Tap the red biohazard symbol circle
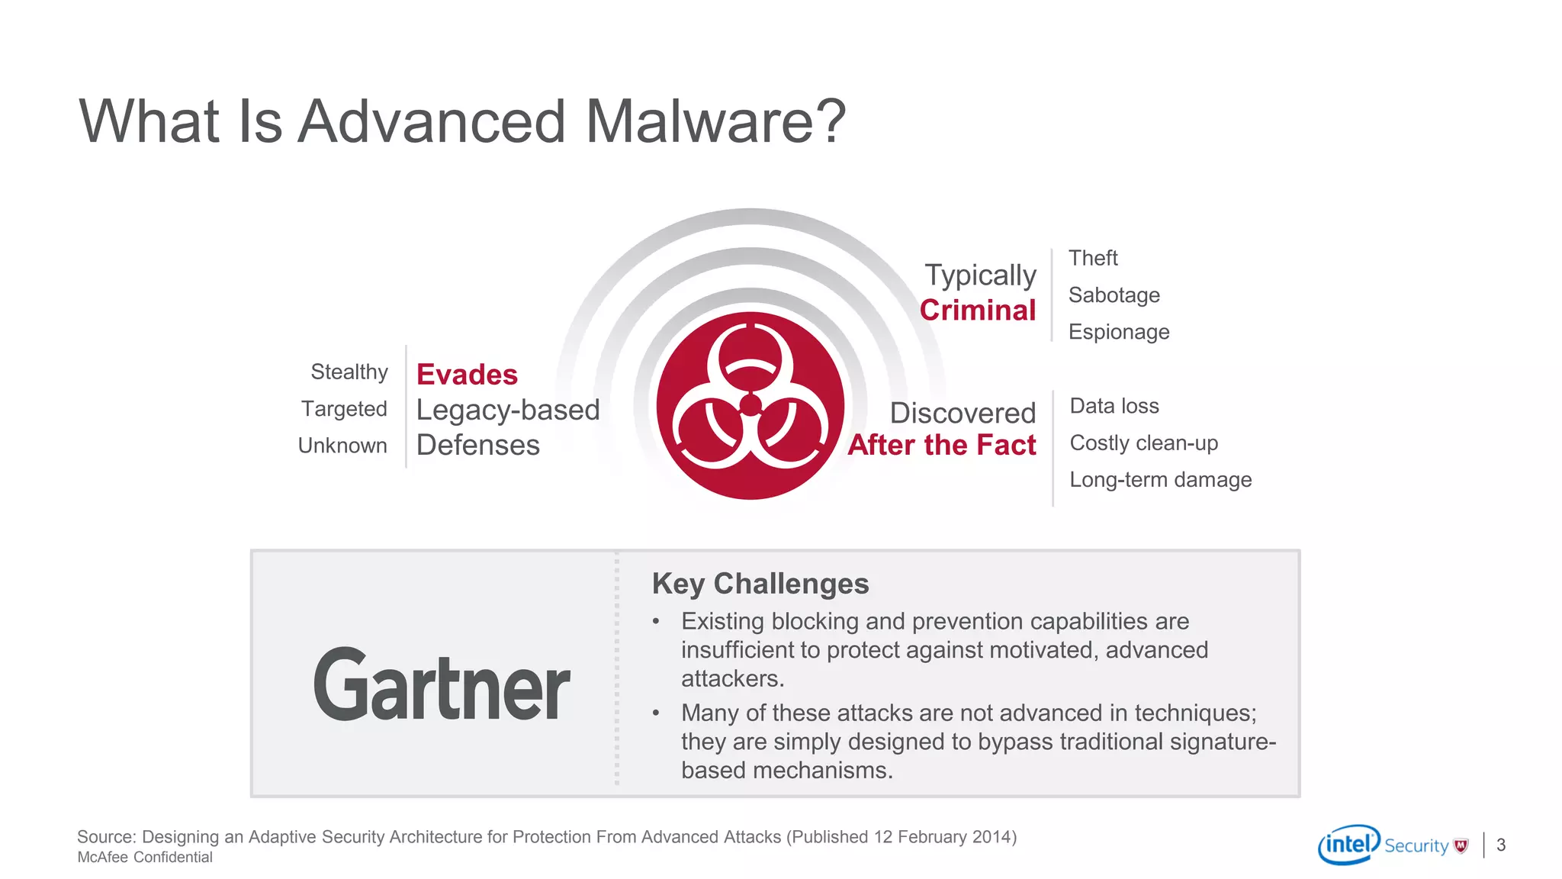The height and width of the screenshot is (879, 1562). tap(750, 405)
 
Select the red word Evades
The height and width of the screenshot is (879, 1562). tap(467, 375)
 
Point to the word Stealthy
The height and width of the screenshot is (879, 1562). tap(349, 372)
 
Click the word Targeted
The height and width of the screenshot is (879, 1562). tap(344, 409)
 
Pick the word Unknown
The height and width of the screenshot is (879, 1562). tap(342, 446)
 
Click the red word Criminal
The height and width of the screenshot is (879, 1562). tap(978, 311)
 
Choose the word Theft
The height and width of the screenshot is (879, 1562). tap(1093, 258)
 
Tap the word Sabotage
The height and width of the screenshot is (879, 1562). tap(1114, 295)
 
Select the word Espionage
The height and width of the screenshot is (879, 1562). tap(1119, 332)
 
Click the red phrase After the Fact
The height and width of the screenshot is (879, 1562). tap(942, 445)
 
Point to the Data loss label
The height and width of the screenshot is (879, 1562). tap(1114, 406)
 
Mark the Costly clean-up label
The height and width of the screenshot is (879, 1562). tap(1143, 443)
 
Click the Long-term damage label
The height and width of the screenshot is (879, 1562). tap(1160, 480)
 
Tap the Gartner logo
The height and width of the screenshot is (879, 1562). tap(442, 684)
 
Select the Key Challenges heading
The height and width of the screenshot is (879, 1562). tap(760, 584)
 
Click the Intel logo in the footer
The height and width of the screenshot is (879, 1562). tap(1348, 844)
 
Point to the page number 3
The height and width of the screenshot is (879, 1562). tap(1501, 845)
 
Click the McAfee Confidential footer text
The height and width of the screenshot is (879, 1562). tap(145, 858)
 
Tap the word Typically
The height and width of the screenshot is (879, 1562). tap(980, 275)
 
